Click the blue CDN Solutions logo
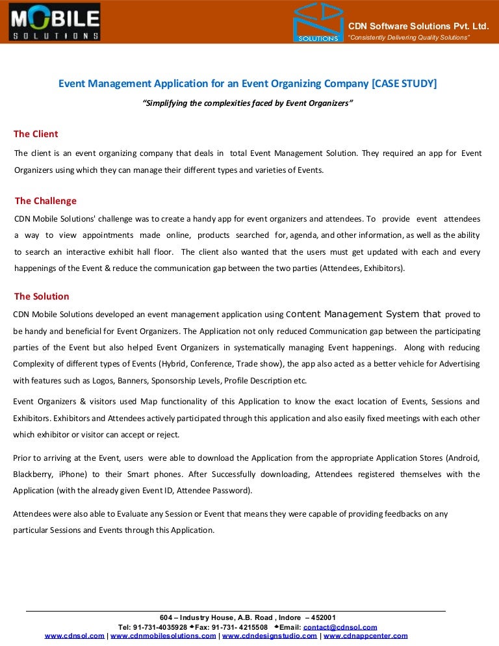pos(318,22)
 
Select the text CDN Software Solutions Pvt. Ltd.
pos(418,26)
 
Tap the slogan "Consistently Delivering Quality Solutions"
pos(409,38)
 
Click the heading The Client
pos(36,134)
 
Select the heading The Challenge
pos(45,201)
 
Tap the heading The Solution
pos(42,296)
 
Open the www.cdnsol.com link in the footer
pos(74,636)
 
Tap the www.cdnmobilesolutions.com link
pos(163,636)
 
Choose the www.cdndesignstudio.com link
pos(270,636)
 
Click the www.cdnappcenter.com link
pos(366,636)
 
